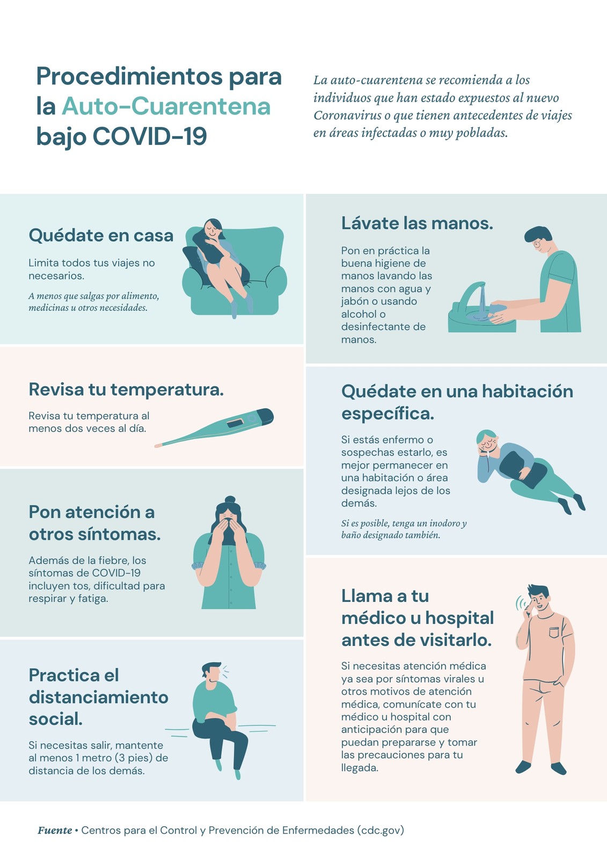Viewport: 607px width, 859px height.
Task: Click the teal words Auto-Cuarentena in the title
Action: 166,106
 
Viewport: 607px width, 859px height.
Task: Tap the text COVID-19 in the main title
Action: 150,136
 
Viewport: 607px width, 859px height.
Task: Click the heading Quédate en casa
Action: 101,235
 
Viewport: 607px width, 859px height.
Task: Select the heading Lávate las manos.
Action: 417,223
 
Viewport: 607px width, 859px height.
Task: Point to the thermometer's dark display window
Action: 235,423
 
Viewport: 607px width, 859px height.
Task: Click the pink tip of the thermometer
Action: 158,445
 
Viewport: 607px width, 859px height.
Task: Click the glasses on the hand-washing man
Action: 537,243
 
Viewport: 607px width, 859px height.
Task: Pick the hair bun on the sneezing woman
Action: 230,499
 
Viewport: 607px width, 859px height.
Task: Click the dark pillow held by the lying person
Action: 523,469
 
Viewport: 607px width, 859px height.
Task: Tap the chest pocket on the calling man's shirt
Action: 554,632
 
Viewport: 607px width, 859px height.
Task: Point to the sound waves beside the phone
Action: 521,603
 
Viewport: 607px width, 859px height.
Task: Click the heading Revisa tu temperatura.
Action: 126,389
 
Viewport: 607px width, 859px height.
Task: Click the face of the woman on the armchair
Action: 212,230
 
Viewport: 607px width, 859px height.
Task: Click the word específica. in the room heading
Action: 387,414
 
